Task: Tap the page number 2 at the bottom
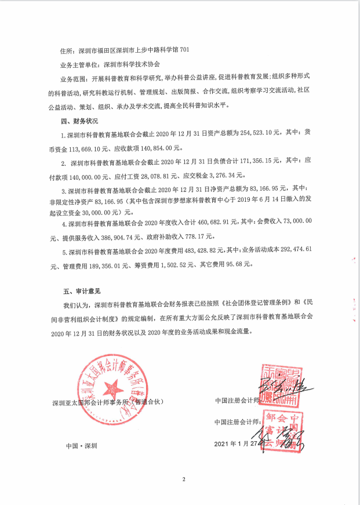[x=183, y=479]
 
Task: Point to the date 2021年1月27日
[x=238, y=444]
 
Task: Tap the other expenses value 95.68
[x=239, y=264]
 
